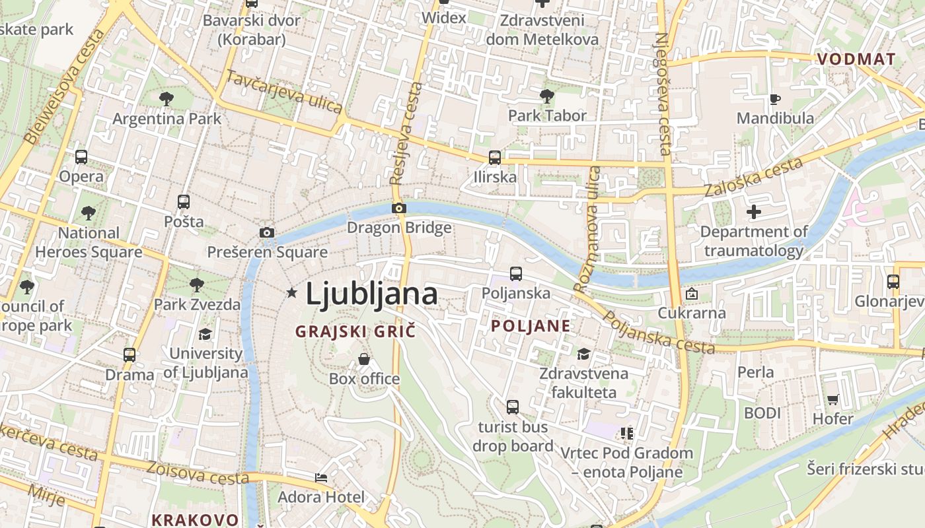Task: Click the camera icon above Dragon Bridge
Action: pos(398,209)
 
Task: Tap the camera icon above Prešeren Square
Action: pos(267,232)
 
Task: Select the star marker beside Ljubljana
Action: pos(291,292)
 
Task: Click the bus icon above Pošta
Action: pos(184,202)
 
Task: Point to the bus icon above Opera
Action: pos(81,157)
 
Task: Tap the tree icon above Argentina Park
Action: pos(166,99)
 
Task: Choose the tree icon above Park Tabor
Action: pos(547,96)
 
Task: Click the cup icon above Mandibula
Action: pos(775,99)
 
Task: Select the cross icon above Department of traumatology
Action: pos(754,212)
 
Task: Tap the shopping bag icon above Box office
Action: pos(364,359)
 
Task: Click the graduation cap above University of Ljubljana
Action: pos(205,334)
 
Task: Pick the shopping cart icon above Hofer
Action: pos(832,399)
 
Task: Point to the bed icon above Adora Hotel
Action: pos(321,477)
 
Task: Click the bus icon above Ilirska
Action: pos(494,158)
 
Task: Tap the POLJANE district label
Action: pos(531,326)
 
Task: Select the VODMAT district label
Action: pos(856,59)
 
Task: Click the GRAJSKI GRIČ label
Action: pos(355,331)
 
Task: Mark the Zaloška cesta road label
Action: pos(753,177)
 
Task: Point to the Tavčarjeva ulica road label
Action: pos(284,92)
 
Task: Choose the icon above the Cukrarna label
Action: pos(691,294)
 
